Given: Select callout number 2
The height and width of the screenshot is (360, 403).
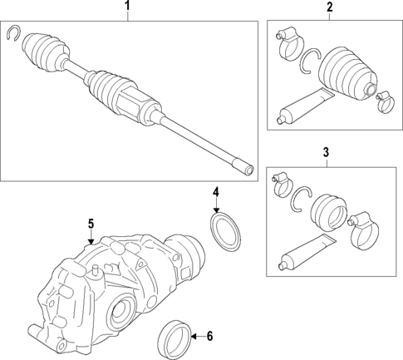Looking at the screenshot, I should pyautogui.click(x=329, y=7).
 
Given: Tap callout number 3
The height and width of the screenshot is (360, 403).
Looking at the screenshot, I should pyautogui.click(x=326, y=152).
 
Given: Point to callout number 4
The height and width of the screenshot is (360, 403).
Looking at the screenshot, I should pyautogui.click(x=215, y=193).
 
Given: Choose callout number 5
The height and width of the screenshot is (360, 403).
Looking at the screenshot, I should pyautogui.click(x=92, y=223).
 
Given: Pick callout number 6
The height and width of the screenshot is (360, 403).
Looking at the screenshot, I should pyautogui.click(x=209, y=337).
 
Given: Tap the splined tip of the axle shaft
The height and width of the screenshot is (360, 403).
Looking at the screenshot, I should pyautogui.click(x=246, y=169).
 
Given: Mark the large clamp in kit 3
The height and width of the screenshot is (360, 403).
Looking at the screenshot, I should pyautogui.click(x=362, y=231).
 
